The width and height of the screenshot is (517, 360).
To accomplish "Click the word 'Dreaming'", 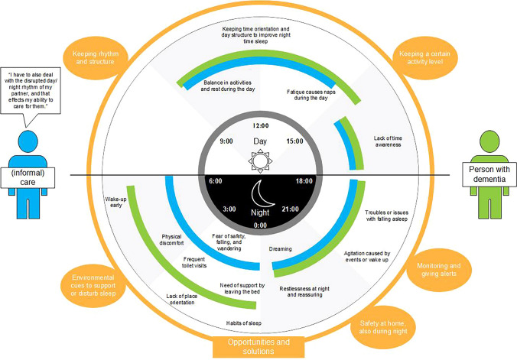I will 281,248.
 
